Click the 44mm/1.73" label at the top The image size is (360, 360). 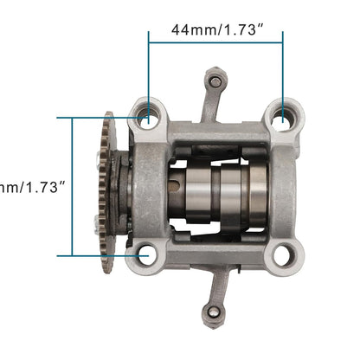pos(215,29)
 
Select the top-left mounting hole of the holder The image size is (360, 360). pos(149,114)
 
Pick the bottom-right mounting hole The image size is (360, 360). pos(283,254)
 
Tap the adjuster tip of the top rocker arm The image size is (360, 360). pos(215,82)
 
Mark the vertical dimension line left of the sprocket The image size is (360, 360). pos(73,186)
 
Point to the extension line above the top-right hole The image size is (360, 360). pos(283,74)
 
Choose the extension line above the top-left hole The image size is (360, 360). pos(149,74)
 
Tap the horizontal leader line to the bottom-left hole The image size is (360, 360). pos(100,255)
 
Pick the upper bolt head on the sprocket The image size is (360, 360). pos(100,161)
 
